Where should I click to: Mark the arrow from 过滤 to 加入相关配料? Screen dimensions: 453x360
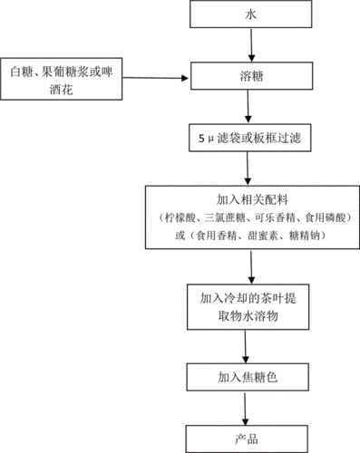coord(247,169)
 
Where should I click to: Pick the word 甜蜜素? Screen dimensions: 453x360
coord(258,236)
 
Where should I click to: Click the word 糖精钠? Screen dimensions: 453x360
coord(301,236)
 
